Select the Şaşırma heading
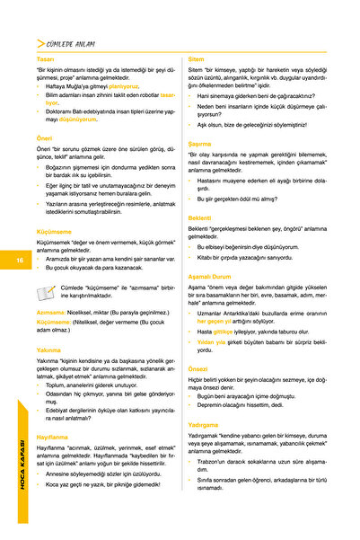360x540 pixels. click(x=199, y=143)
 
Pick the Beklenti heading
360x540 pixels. click(x=200, y=217)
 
